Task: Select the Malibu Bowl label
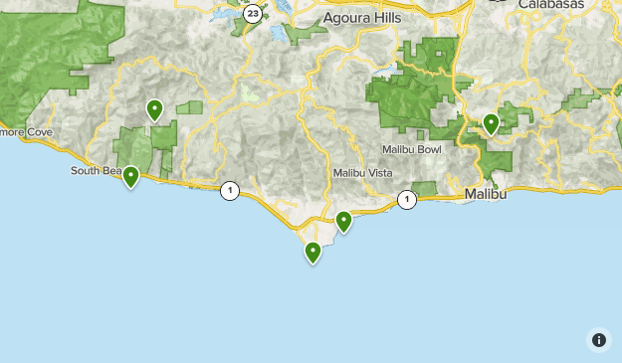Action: pyautogui.click(x=411, y=149)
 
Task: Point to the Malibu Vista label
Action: pyautogui.click(x=363, y=173)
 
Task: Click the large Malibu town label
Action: pyautogui.click(x=485, y=194)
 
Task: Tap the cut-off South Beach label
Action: pyautogui.click(x=95, y=171)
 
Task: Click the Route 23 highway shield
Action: pyautogui.click(x=254, y=13)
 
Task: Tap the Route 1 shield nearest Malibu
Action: pyautogui.click(x=407, y=200)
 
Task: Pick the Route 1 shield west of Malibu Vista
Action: pyautogui.click(x=230, y=190)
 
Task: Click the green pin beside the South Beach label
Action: pyautogui.click(x=130, y=177)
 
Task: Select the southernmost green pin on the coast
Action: pyautogui.click(x=313, y=252)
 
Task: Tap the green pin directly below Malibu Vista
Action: pyautogui.click(x=344, y=221)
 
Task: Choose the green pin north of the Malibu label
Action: pyautogui.click(x=491, y=123)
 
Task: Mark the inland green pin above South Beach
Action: pyautogui.click(x=154, y=108)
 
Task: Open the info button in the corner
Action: pyautogui.click(x=599, y=339)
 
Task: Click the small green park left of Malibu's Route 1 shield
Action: pyautogui.click(x=425, y=188)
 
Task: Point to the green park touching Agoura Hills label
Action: pyautogui.click(x=305, y=34)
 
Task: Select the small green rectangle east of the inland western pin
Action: pyautogui.click(x=190, y=107)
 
